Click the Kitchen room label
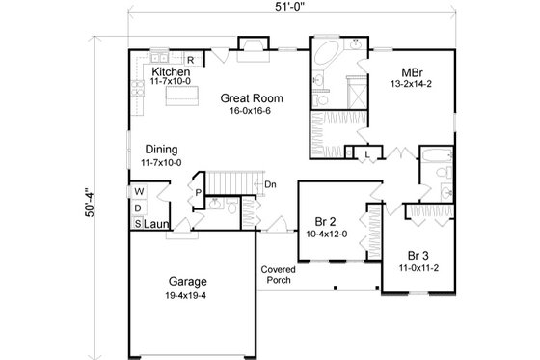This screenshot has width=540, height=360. pos(170,72)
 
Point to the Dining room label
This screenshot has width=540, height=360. pos(163,150)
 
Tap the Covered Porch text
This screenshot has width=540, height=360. pos(278,276)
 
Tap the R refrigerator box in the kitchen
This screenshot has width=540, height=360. pos(191,60)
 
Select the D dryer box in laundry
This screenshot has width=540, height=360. pos(139,208)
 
